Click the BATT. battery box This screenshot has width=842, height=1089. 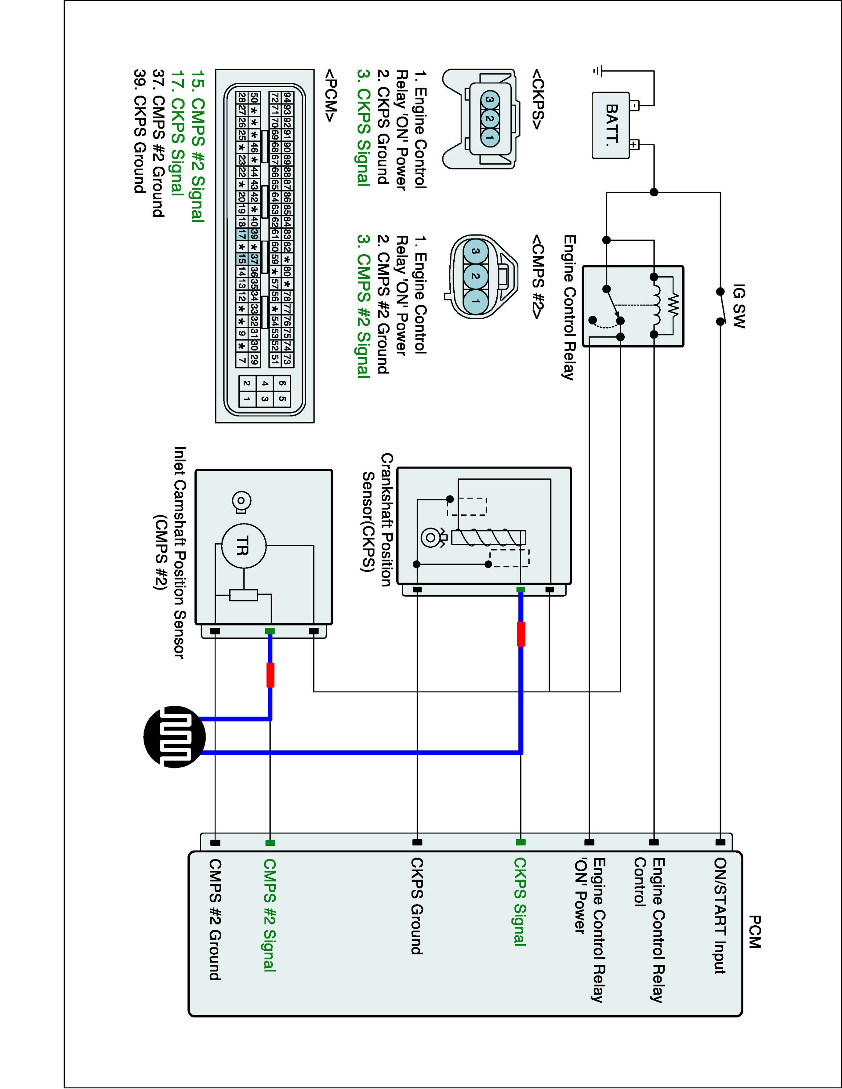(x=611, y=126)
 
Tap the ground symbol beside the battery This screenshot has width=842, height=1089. (x=597, y=71)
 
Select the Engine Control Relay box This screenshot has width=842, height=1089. (x=633, y=306)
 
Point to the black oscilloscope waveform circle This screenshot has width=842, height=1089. (x=175, y=737)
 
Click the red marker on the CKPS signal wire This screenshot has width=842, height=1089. (x=521, y=634)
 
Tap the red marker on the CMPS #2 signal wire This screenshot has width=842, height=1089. (x=270, y=675)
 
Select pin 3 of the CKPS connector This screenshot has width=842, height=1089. (x=490, y=100)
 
